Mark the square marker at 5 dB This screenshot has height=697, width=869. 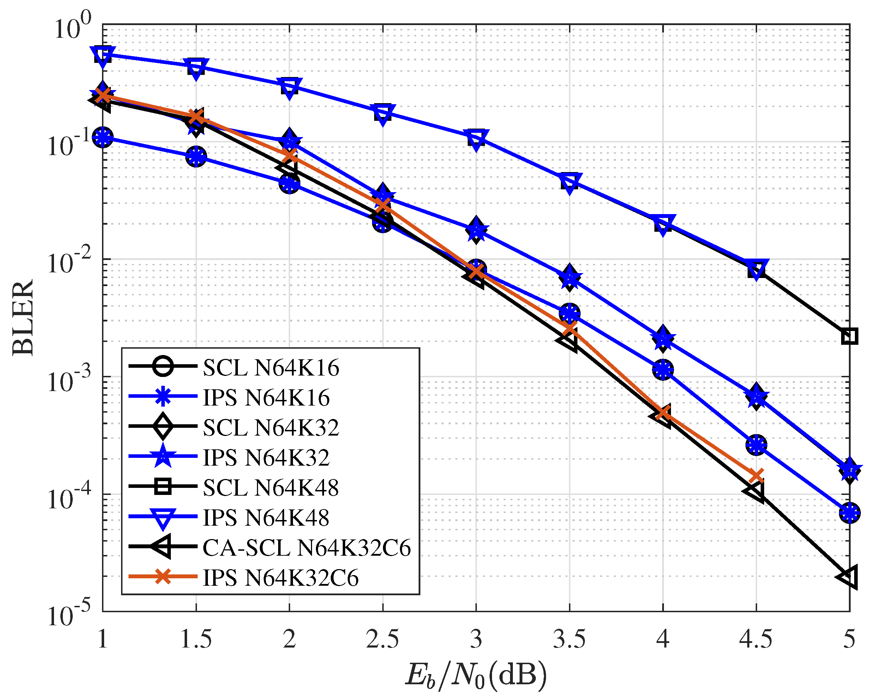[x=849, y=336]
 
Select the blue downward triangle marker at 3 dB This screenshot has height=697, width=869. [x=476, y=139]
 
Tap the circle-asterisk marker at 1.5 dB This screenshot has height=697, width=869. [x=196, y=156]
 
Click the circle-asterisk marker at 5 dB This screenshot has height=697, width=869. [x=849, y=513]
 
